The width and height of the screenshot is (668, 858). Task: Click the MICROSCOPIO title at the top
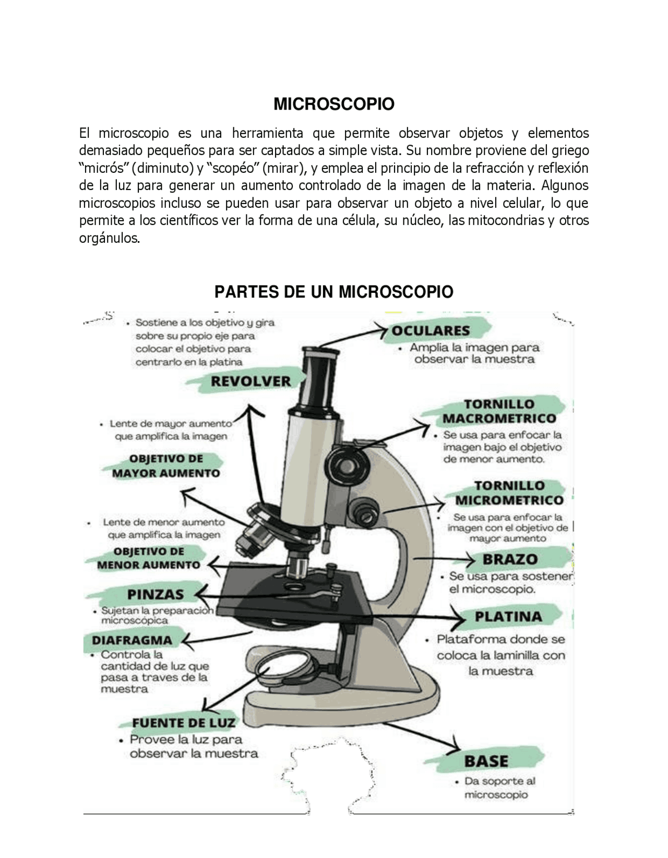[x=333, y=104]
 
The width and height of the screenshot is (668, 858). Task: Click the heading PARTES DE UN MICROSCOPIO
[x=333, y=291]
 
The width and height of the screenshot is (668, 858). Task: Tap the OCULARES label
[x=431, y=331]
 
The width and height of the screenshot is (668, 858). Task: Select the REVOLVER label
[x=250, y=382]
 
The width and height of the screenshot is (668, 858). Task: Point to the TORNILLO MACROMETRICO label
[x=499, y=411]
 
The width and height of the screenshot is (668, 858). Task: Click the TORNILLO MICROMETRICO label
[x=509, y=493]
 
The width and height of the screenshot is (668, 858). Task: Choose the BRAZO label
[x=510, y=559]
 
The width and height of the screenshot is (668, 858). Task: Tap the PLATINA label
[x=508, y=617]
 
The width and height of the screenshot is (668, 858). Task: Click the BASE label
[x=486, y=761]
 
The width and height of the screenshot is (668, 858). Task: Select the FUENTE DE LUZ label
[x=183, y=723]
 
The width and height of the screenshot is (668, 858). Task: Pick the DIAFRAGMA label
[x=132, y=640]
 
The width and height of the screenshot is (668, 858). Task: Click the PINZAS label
[x=155, y=594]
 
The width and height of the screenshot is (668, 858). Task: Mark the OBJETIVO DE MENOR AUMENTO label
[x=148, y=558]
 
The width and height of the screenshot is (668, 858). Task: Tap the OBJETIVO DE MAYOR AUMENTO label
[x=166, y=466]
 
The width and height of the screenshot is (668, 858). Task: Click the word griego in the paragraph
[x=570, y=151]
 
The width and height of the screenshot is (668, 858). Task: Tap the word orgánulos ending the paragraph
[x=110, y=239]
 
